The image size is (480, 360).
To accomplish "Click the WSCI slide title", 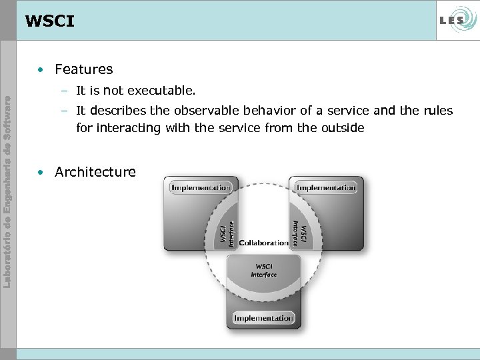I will tap(49, 21).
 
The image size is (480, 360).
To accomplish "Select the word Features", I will tap(84, 69).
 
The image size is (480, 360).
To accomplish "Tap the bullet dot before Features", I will tap(41, 69).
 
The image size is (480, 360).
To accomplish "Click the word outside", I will tap(343, 128).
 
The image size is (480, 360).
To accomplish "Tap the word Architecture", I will tap(95, 172).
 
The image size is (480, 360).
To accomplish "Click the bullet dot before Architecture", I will tap(41, 172).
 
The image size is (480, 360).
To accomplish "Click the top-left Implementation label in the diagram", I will tap(201, 188).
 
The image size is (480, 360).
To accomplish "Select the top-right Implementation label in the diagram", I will tap(326, 188).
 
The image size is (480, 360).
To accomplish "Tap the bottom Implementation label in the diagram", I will tap(263, 318).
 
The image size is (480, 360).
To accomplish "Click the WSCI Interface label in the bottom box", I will tap(264, 271).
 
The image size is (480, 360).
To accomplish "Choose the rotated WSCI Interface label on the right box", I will tap(299, 232).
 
